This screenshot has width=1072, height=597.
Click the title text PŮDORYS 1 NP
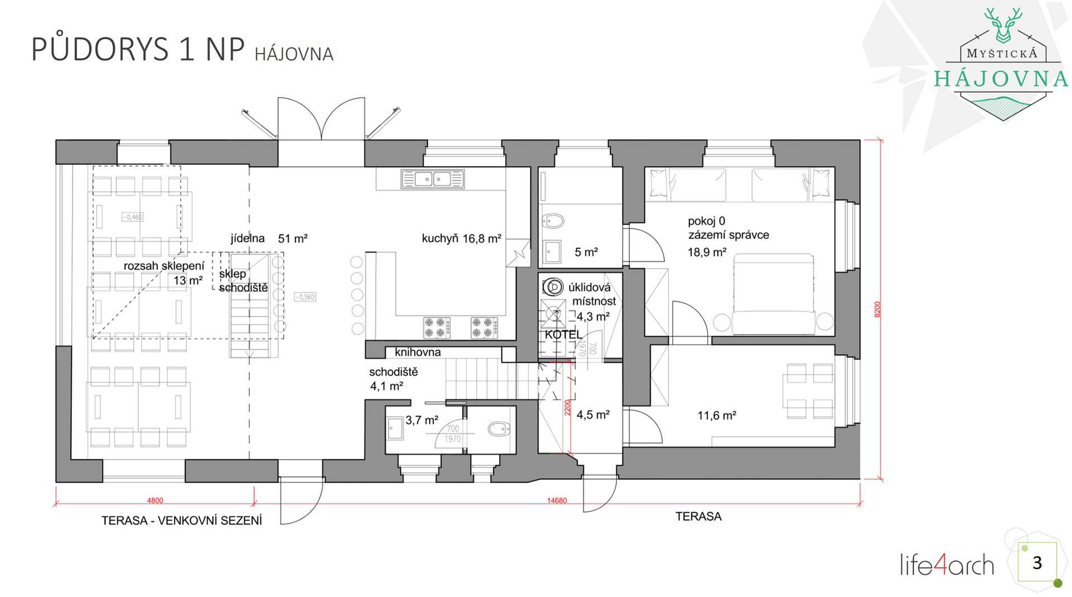tap(138, 49)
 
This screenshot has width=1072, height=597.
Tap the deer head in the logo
tap(1003, 25)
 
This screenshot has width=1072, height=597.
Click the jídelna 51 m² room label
tap(269, 238)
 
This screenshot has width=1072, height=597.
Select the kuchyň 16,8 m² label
tap(461, 238)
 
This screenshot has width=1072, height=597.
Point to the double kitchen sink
tap(433, 179)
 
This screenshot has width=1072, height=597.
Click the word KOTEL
tap(563, 335)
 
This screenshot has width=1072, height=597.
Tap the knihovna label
tap(418, 352)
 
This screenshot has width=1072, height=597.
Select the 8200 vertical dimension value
tap(877, 309)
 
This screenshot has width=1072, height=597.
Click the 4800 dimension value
tap(155, 500)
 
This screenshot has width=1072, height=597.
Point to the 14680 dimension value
tap(557, 500)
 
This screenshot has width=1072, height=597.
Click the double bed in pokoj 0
tap(773, 294)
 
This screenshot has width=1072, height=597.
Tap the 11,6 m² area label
tap(717, 415)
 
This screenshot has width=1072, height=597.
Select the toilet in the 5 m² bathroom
tap(553, 221)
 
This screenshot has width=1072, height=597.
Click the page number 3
tap(1037, 562)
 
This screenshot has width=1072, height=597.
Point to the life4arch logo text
tap(947, 565)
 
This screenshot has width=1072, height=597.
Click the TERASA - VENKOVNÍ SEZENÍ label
tap(181, 520)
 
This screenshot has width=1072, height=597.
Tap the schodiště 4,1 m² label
tap(393, 379)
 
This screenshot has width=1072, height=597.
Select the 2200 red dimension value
tap(568, 407)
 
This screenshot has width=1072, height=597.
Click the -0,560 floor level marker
tap(305, 297)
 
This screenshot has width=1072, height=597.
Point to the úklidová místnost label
tap(591, 294)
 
